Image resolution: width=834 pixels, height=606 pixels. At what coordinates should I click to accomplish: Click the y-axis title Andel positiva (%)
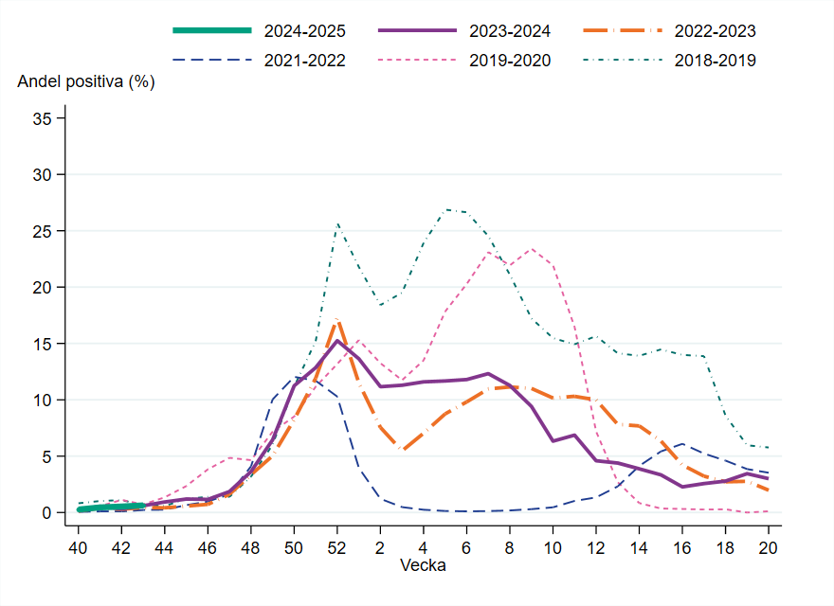(86, 82)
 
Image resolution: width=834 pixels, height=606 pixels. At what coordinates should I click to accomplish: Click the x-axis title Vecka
(423, 566)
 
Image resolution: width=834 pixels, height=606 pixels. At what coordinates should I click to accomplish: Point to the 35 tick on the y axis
(44, 119)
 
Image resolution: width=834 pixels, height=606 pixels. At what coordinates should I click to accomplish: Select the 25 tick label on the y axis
(44, 231)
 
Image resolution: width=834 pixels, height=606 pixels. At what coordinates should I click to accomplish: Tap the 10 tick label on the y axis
(44, 400)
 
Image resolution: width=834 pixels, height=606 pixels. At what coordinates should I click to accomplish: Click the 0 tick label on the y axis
(47, 512)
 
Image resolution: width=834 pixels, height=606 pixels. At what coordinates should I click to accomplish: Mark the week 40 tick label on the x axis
(79, 547)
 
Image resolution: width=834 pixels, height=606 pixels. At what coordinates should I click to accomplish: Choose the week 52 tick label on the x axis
(337, 547)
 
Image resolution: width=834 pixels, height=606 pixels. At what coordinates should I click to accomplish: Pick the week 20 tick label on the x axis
(768, 547)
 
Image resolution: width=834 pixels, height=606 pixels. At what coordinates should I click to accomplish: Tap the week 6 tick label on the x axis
(466, 547)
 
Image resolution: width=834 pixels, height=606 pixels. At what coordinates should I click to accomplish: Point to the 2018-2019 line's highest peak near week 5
(445, 209)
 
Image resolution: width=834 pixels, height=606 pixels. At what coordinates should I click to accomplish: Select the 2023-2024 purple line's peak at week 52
(337, 341)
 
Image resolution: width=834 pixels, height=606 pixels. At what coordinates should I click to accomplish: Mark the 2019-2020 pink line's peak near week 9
(532, 249)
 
